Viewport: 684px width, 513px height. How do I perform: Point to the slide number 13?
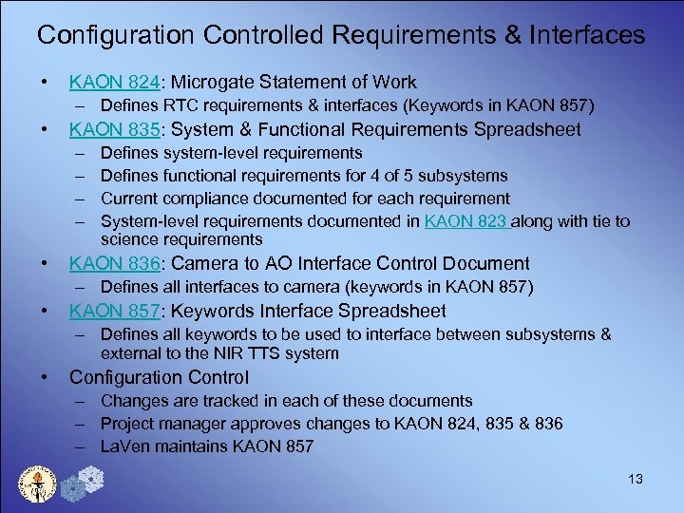coord(635,479)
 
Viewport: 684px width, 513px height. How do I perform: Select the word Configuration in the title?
coord(113,36)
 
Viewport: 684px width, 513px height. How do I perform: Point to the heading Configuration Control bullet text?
coord(159,377)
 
